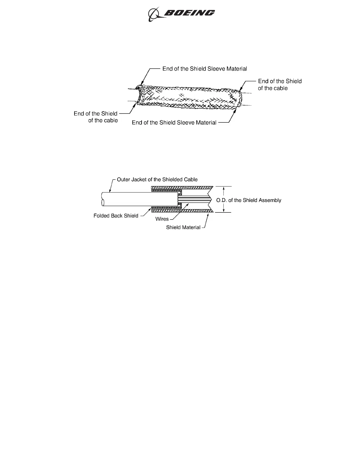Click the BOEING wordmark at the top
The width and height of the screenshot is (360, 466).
tap(189, 13)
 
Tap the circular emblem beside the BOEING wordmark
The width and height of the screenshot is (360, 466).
tap(153, 14)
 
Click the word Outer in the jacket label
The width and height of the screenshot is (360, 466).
tap(123, 179)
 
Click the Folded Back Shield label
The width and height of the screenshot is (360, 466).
tap(116, 216)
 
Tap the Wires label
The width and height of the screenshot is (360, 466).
tap(162, 219)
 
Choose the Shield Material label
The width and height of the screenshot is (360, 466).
tap(183, 227)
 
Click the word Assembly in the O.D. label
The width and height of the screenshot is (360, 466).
tap(270, 200)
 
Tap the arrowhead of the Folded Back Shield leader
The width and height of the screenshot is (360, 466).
tap(150, 208)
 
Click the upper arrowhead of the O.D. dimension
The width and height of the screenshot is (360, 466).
tap(224, 187)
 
